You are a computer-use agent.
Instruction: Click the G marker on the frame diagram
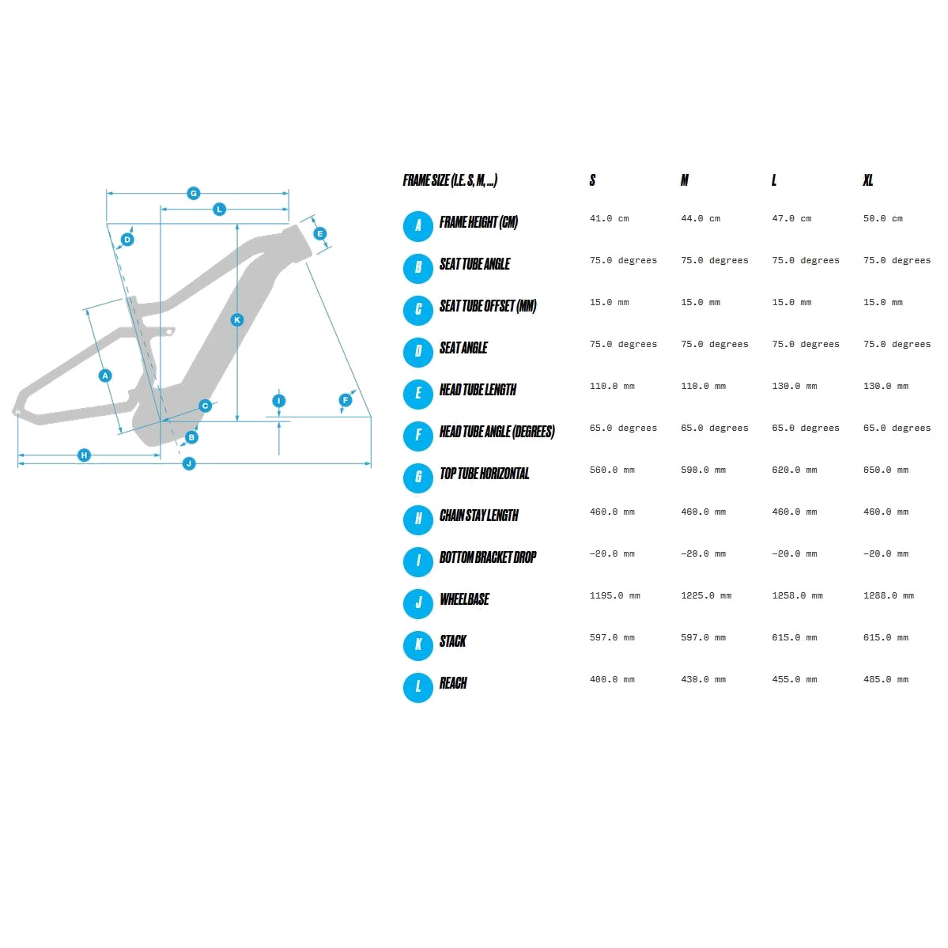[x=194, y=194]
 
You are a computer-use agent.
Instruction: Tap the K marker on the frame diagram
[x=237, y=320]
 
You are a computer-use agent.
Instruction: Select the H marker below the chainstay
[x=84, y=455]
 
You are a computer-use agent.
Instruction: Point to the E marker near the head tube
[x=320, y=233]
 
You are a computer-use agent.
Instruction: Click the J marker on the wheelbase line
[x=189, y=464]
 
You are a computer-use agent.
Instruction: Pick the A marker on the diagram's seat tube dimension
[x=105, y=376]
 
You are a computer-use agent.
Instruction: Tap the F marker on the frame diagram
[x=346, y=399]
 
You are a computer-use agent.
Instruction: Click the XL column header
[x=867, y=180]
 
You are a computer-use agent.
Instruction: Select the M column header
[x=685, y=180]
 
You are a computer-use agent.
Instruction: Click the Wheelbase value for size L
[x=797, y=595]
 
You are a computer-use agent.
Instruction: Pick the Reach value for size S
[x=612, y=679]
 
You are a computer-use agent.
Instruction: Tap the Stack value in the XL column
[x=886, y=637]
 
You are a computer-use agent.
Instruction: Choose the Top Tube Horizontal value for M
[x=703, y=470]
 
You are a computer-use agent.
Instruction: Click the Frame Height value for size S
[x=610, y=218]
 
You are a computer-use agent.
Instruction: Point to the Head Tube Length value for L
[x=795, y=386]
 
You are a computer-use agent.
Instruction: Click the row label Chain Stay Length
[x=479, y=515]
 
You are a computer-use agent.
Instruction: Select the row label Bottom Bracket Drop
[x=488, y=557]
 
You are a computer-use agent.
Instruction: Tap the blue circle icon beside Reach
[x=417, y=687]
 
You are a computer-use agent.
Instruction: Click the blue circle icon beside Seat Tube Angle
[x=417, y=269]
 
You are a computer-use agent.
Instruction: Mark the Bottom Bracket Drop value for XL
[x=886, y=553]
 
